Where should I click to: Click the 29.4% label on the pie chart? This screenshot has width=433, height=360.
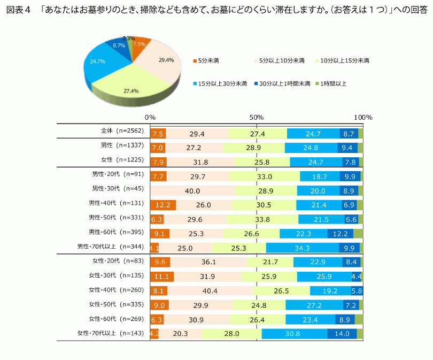pos(166,60)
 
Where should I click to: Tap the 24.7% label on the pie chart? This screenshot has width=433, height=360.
pos(97,62)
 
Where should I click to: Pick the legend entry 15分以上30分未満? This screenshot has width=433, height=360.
pos(219,83)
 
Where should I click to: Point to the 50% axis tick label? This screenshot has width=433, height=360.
pos(257,117)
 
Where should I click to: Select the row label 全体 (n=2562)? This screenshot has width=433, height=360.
pos(120,131)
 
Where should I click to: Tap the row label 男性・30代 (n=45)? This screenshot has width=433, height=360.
pos(112,188)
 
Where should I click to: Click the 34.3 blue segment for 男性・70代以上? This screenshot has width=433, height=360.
pos(302,248)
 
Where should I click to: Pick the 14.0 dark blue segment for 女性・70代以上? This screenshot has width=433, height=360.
pos(342,334)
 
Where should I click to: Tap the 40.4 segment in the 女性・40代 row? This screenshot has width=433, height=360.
pos(210,291)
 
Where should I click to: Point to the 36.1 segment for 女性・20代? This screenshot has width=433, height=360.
pos(208,262)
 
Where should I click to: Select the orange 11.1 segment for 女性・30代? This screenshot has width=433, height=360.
pos(162,277)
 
